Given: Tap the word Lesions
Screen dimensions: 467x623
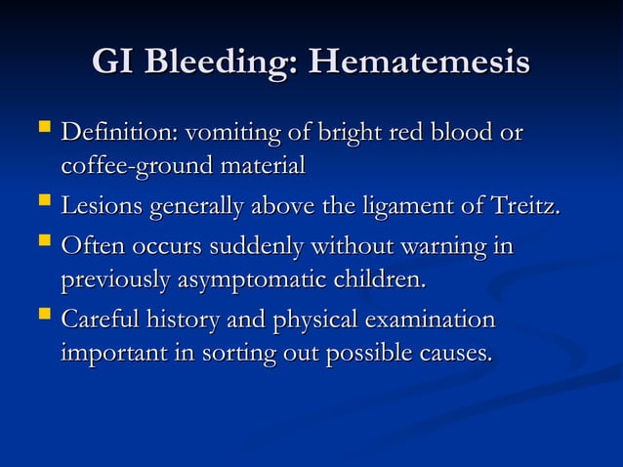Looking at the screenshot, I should point(101,207).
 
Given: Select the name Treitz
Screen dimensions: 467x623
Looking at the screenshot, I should point(527,207).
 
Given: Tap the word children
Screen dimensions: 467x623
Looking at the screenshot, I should point(377,281).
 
